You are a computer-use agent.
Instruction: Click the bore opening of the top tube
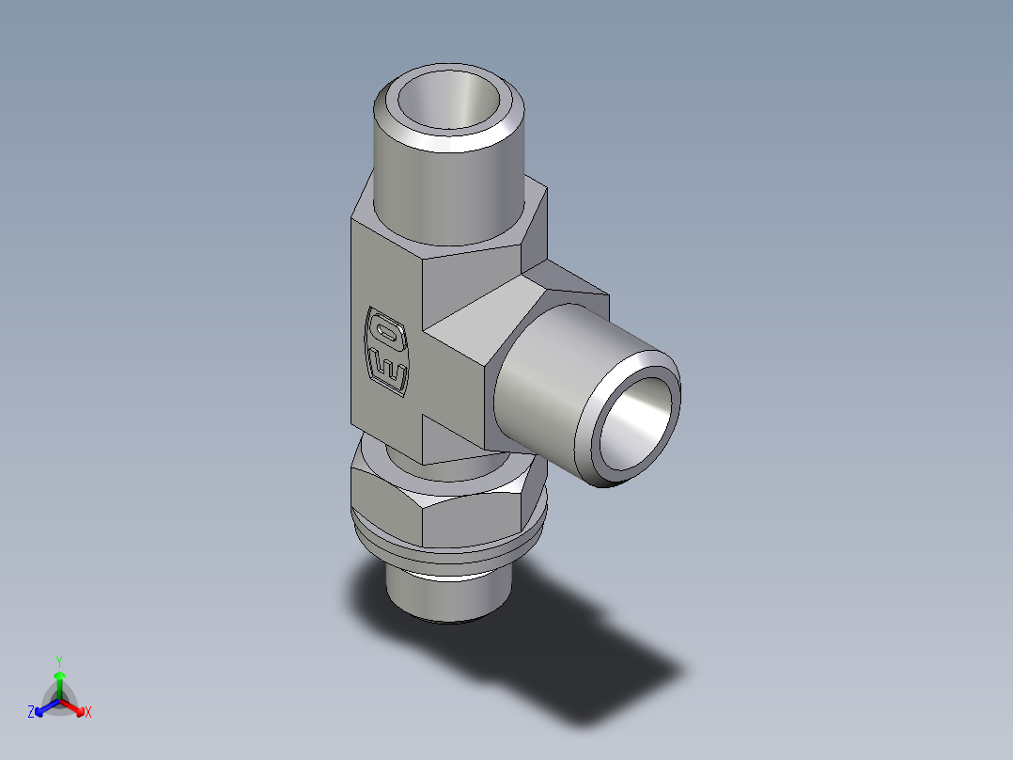point(449,100)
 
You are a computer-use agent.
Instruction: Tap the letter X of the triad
point(88,714)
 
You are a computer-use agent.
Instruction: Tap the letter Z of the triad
point(31,713)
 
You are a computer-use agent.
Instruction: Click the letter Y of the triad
point(58,661)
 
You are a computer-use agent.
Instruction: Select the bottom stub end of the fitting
point(445,593)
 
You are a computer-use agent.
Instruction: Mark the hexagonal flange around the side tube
point(526,292)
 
